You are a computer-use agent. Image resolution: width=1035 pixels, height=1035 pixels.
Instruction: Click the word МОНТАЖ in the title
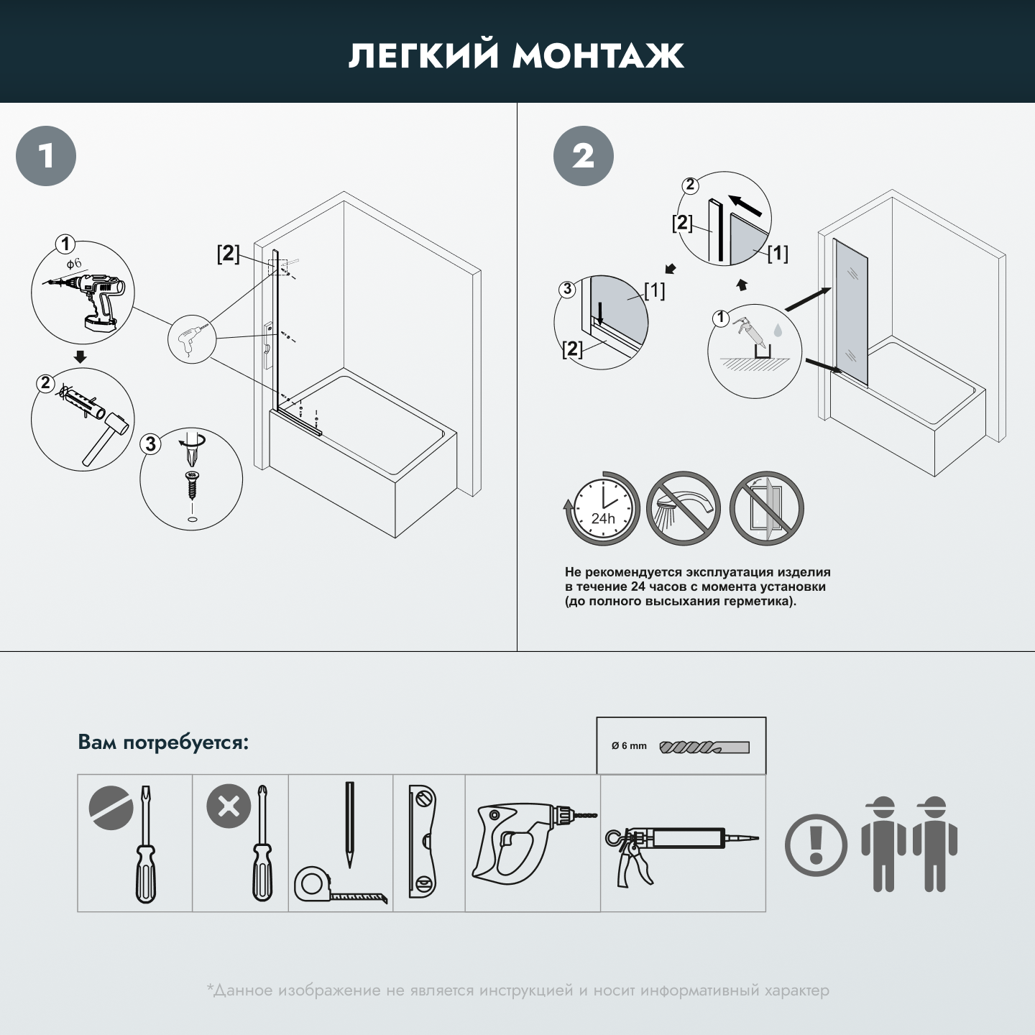click(598, 56)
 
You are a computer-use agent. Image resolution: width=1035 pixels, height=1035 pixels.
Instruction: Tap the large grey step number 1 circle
click(46, 156)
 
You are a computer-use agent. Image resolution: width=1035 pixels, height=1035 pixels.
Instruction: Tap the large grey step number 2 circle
click(583, 156)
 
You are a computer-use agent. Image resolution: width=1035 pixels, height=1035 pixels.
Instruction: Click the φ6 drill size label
click(74, 264)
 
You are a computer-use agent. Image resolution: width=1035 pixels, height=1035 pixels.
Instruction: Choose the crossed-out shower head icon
click(683, 509)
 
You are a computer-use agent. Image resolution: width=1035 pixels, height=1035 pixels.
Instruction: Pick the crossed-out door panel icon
click(766, 509)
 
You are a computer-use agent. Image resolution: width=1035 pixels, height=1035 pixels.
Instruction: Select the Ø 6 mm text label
click(629, 746)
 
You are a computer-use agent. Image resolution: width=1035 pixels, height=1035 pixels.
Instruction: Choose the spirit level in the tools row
click(424, 842)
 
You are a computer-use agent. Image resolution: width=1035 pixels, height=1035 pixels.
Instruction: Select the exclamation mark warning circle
click(816, 845)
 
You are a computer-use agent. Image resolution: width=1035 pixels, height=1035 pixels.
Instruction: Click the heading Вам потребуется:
click(163, 742)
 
